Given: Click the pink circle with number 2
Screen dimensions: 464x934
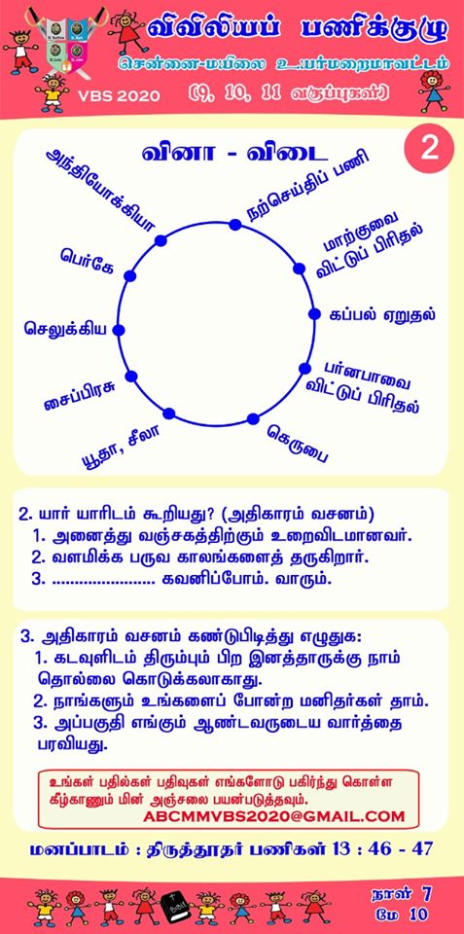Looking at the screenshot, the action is click(x=429, y=150).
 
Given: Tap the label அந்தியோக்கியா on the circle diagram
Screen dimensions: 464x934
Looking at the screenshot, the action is click(x=100, y=190).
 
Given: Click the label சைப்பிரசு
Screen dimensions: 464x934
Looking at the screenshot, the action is click(x=80, y=397).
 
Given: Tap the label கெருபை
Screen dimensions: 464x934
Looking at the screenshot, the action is click(x=298, y=444).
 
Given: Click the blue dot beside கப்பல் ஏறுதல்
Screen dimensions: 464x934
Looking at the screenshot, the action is click(x=314, y=314).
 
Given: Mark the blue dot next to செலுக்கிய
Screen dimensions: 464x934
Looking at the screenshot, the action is click(x=119, y=330).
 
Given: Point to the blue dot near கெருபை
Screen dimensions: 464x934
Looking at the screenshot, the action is click(x=253, y=418).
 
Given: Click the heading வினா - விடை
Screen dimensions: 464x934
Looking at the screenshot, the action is click(x=234, y=152).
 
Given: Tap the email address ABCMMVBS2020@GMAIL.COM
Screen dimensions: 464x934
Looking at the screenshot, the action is click(x=274, y=816).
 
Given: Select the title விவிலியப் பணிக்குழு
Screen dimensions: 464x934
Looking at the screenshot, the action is click(x=297, y=29).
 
